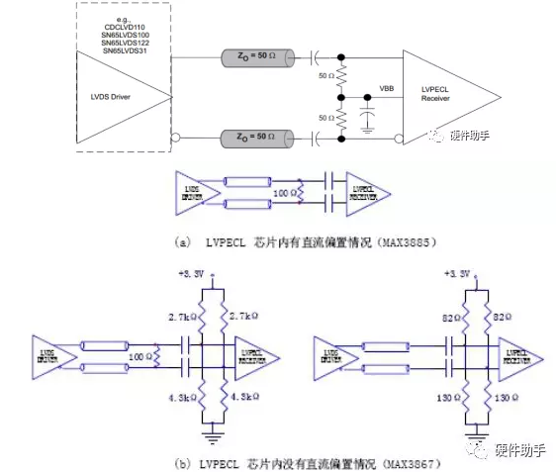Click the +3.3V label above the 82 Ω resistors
point(457,273)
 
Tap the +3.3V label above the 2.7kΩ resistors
point(189,273)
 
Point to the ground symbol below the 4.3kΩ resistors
point(211,431)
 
